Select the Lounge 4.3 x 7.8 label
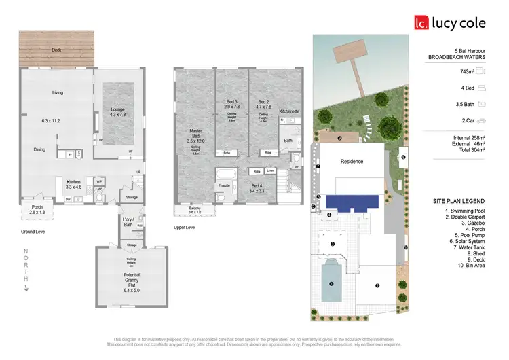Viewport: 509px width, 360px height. point(113,112)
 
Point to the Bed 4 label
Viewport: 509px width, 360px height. point(257,188)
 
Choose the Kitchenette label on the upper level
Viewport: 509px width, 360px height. point(289,111)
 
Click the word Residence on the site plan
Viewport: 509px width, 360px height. point(352,162)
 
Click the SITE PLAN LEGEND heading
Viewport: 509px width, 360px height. point(458,201)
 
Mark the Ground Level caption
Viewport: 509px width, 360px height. point(33,232)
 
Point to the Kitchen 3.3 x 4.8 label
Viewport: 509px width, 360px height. point(73,185)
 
